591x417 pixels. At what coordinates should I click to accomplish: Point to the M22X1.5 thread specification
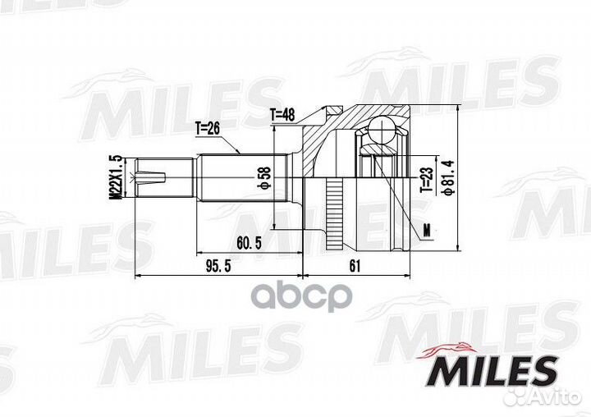[x=117, y=176]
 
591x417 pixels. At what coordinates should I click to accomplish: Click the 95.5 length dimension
[x=216, y=267]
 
